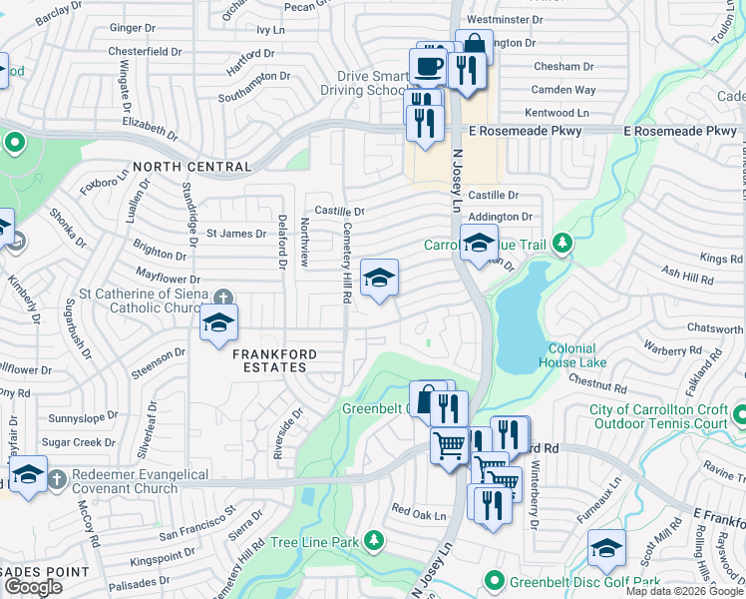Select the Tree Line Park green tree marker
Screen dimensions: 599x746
coord(374,541)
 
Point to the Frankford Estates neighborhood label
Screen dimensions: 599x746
coord(274,360)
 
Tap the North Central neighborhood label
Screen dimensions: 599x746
coord(191,167)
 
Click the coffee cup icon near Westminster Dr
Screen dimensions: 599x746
coord(429,67)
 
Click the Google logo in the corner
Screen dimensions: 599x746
coord(33,587)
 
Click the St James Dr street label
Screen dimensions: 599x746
coord(236,234)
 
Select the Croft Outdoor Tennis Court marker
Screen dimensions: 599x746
coord(739,412)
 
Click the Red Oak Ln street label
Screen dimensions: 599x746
coord(418,512)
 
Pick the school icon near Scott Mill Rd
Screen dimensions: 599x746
coord(606,546)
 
